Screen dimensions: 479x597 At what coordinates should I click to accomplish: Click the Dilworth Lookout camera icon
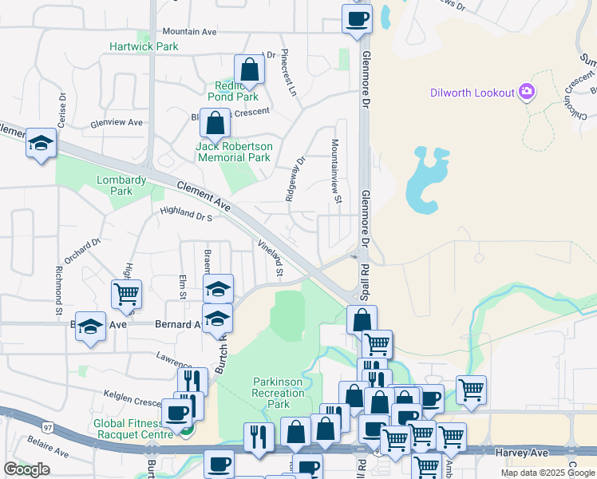pos(526,93)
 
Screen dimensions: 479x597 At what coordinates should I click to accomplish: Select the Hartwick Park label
pos(144,47)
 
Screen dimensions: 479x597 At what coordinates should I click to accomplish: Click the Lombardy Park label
pos(121,185)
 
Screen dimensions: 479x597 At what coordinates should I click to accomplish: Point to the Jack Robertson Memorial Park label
pos(235,152)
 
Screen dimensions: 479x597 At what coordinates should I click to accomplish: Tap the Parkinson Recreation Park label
pos(278,393)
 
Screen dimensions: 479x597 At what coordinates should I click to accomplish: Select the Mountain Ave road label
pos(189,32)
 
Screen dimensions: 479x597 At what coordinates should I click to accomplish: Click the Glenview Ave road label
pos(117,122)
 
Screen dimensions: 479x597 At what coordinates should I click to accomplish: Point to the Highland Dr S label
pos(185,213)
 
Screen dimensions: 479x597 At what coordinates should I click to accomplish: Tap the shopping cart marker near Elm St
pos(126,295)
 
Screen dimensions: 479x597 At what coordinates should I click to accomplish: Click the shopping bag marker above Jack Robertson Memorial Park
pos(215,124)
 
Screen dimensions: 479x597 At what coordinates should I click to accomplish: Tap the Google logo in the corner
pos(26,469)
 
